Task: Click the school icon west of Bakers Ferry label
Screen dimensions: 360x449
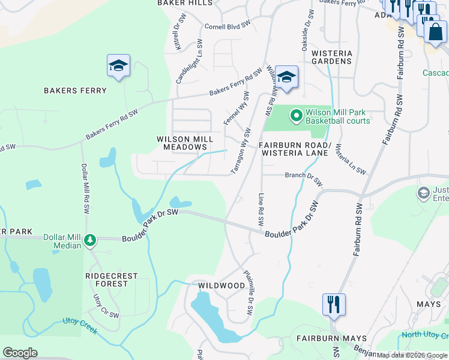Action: (118, 65)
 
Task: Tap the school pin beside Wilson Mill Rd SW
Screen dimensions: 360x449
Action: (287, 77)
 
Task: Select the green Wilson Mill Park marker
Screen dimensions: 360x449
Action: (296, 115)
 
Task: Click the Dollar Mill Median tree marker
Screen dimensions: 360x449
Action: (90, 241)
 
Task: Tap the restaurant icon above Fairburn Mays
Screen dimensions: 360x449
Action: (333, 304)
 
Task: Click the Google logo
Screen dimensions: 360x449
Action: (20, 353)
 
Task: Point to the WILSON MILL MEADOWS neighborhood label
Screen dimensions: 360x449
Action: (185, 143)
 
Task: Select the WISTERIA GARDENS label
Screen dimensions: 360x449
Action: (331, 57)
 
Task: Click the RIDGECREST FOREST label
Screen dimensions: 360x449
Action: (111, 280)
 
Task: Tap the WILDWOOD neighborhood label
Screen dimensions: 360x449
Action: (221, 286)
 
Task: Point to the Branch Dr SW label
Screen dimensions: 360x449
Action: (304, 178)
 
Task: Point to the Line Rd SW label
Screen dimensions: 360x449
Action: (261, 209)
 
